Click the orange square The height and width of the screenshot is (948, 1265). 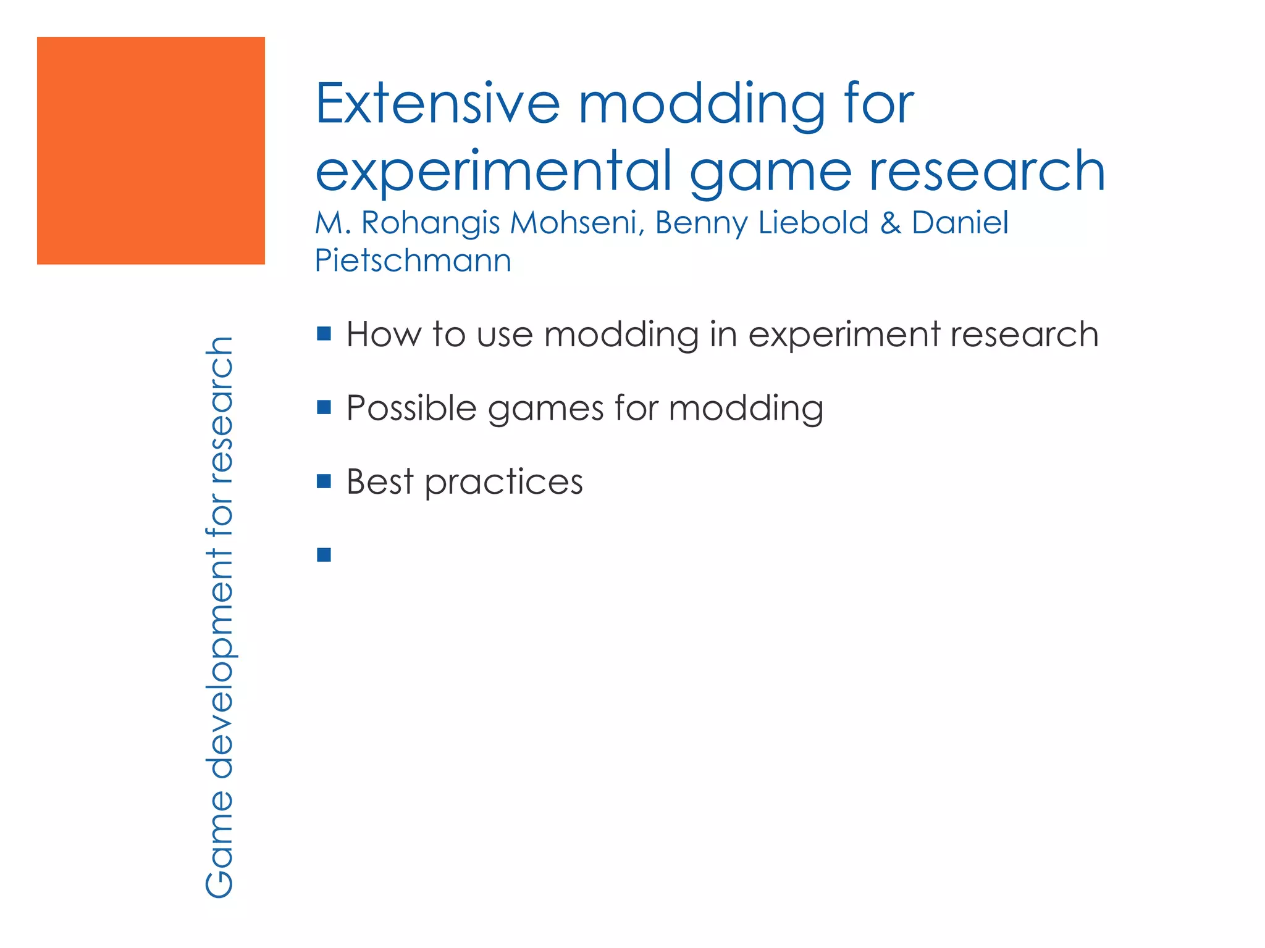point(151,151)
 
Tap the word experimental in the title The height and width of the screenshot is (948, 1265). point(493,172)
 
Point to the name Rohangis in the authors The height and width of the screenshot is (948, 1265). point(431,223)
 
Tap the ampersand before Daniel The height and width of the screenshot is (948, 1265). point(890,223)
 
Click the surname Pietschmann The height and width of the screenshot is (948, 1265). point(413,260)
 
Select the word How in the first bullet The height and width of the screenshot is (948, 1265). point(383,335)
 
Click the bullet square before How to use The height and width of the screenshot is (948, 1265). point(324,334)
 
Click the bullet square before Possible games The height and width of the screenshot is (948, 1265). point(324,407)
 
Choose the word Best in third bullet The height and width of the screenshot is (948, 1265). point(379,481)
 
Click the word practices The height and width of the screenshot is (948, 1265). point(503,483)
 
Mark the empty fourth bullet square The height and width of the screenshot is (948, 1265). point(324,555)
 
